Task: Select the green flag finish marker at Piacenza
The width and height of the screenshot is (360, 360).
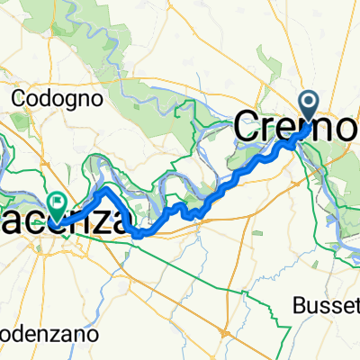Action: [x=58, y=204]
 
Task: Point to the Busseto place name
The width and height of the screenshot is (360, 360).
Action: [x=326, y=306]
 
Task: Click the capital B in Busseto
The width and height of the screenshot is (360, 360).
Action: [x=299, y=306]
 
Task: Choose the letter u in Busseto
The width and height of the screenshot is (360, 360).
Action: [x=310, y=307]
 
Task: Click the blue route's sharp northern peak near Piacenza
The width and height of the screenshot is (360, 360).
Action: [x=103, y=190]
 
